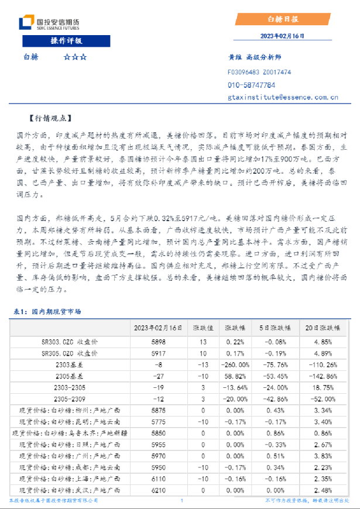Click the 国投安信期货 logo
(x=49, y=23)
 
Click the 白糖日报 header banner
(x=283, y=19)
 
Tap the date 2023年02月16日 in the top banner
(x=283, y=36)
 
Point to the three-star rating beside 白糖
(x=74, y=57)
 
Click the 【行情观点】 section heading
(x=50, y=118)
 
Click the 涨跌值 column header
(x=203, y=328)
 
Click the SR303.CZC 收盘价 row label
(x=70, y=341)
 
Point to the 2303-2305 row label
(x=70, y=387)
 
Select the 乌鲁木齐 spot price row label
(x=70, y=433)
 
